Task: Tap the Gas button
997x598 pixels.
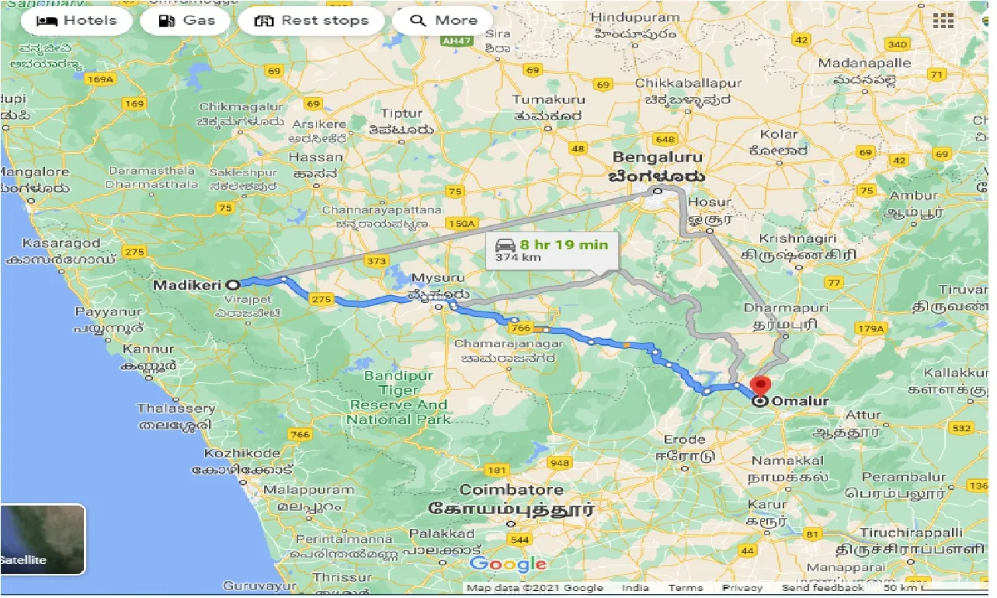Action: click(186, 21)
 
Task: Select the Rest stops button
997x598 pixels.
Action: click(311, 21)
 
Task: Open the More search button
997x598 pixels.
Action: click(443, 21)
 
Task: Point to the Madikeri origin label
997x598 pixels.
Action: click(186, 285)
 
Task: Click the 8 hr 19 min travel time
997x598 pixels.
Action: click(564, 245)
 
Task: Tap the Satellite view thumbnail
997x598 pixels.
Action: click(43, 540)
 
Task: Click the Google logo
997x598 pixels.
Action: click(508, 565)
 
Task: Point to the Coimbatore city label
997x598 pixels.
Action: click(511, 490)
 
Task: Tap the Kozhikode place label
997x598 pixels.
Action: click(242, 453)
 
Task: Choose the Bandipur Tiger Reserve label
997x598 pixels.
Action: click(398, 398)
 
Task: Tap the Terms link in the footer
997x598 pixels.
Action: click(686, 588)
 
